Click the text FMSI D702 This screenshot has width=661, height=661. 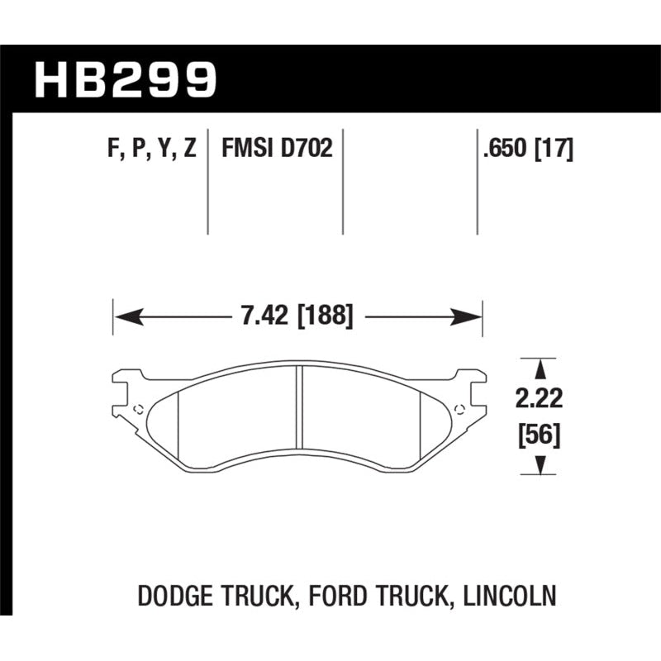(x=276, y=150)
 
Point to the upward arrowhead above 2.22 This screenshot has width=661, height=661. (x=540, y=366)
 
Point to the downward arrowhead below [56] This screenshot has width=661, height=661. (x=540, y=468)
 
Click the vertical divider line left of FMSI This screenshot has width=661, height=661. (x=207, y=182)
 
